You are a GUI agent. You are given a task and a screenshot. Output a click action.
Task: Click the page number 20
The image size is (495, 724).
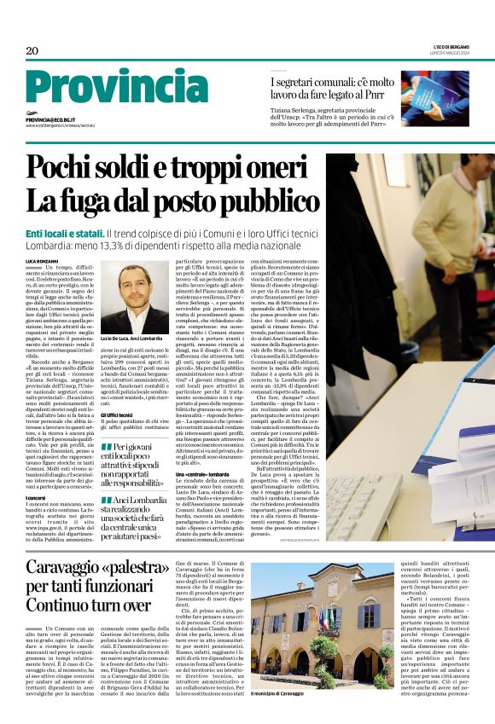click(32, 51)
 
